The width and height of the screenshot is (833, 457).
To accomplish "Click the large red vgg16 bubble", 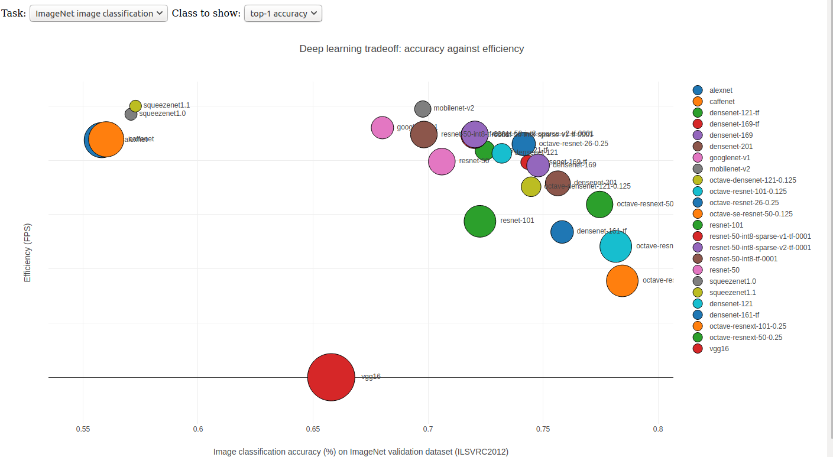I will [x=332, y=377].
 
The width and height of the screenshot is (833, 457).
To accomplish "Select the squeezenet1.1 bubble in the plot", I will [x=135, y=106].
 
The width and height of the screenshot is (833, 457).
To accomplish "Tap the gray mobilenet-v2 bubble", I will [x=423, y=109].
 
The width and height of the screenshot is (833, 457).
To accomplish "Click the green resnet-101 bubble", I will [x=479, y=221].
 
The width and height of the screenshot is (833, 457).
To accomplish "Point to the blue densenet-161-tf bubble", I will [x=562, y=232].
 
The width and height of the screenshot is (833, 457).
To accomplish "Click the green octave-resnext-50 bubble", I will [x=599, y=205].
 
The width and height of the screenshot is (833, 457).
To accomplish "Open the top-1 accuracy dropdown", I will [x=283, y=14].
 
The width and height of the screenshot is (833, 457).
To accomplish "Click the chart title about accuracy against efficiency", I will [x=411, y=48].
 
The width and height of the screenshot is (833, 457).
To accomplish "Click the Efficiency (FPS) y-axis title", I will [x=27, y=252].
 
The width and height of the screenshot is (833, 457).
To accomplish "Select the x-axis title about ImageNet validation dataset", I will [x=361, y=452].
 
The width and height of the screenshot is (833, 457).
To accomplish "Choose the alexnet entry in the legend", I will [x=720, y=90].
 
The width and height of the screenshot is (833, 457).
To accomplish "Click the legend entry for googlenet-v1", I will [x=730, y=158].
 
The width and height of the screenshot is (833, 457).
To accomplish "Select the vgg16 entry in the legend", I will [x=719, y=349].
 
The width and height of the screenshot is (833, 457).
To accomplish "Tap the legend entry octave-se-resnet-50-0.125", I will [x=751, y=214].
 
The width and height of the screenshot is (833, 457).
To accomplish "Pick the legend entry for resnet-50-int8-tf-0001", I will [x=743, y=259].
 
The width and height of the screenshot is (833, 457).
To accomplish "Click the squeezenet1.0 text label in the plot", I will [x=162, y=114].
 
